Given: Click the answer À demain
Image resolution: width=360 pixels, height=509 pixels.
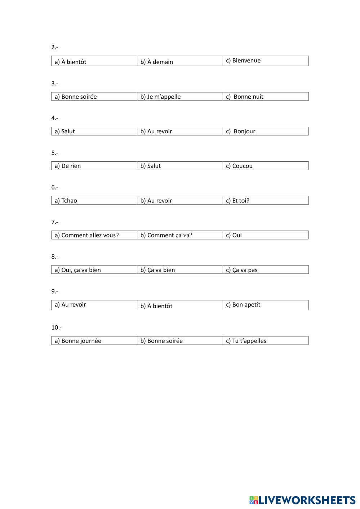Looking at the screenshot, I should (157, 62).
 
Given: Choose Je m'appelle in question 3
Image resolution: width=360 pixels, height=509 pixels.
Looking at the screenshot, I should (160, 97).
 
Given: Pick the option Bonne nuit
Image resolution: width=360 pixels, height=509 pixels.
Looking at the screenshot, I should (245, 97).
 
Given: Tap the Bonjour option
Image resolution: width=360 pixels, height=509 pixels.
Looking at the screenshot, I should (241, 131).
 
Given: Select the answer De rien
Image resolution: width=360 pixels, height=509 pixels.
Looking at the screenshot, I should (68, 166).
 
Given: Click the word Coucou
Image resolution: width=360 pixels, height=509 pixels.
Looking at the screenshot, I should (239, 166).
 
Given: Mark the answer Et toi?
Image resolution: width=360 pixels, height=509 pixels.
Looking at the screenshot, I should (237, 201).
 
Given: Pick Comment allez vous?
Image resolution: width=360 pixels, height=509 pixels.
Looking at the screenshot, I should (86, 235).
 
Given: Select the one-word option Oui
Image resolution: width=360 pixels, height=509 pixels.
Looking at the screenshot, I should (234, 235).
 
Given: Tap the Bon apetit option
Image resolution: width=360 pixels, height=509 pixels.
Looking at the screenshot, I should (243, 304).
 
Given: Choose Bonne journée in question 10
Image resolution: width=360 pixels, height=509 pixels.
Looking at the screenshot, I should (78, 341).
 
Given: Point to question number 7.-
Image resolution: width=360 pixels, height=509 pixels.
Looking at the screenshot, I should (55, 222).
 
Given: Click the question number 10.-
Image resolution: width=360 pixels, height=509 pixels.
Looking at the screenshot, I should (56, 327).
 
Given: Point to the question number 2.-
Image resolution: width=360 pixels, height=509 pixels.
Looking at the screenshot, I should (55, 47).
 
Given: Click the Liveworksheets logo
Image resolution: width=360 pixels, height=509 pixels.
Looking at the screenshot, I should (302, 500).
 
